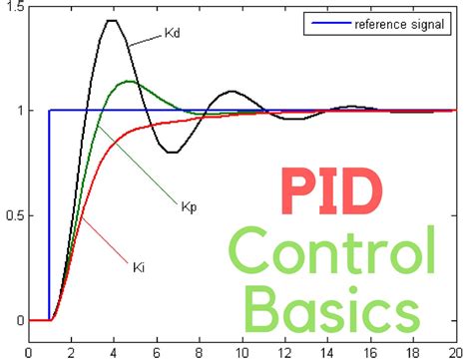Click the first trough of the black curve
pos(172,152)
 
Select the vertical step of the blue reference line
pos(50,214)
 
